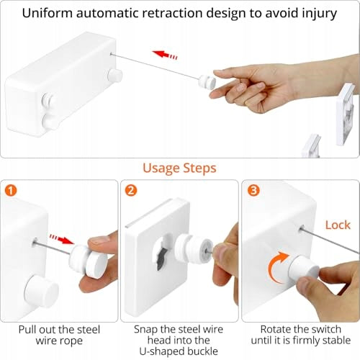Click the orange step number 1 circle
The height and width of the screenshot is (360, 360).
click(x=11, y=191)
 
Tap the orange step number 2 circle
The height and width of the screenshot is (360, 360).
click(x=131, y=191)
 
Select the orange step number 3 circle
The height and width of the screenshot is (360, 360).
click(x=253, y=191)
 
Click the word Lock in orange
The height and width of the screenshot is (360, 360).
click(x=338, y=225)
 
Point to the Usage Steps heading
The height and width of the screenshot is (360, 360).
click(x=179, y=168)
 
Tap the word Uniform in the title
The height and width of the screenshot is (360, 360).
click(x=48, y=13)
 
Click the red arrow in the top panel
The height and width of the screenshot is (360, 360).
click(x=165, y=55)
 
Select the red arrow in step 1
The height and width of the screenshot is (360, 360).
click(x=62, y=239)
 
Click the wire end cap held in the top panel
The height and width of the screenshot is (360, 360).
click(x=207, y=81)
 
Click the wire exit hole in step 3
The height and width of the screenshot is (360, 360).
click(x=302, y=228)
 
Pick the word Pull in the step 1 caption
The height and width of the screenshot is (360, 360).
click(x=27, y=330)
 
